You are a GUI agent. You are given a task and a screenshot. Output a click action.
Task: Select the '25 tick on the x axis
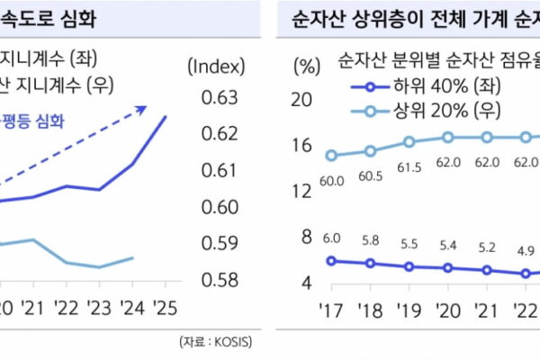click(165, 308)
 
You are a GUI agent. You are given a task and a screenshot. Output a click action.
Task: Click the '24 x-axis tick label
click(132, 308)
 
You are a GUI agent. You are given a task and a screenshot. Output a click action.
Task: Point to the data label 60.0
click(331, 181)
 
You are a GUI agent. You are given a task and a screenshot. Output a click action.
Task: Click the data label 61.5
click(409, 167)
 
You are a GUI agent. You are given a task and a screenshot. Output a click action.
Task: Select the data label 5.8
click(370, 241)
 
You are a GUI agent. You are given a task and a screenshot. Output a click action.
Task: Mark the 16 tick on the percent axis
click(301, 144)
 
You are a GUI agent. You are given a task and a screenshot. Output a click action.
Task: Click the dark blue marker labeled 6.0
click(331, 260)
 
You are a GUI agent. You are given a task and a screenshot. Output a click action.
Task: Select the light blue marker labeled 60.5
click(370, 150)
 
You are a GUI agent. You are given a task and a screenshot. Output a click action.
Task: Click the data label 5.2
click(487, 248)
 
